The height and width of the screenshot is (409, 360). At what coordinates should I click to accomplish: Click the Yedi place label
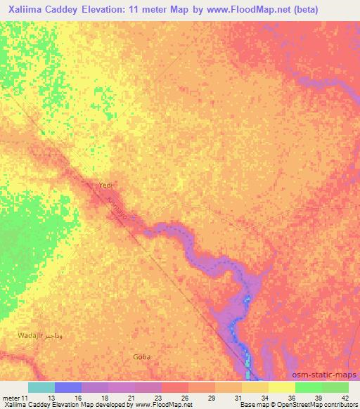pos(105,185)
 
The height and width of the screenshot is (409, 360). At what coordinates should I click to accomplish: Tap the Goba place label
pos(141,357)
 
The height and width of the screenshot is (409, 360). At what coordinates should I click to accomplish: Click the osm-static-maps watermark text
pos(325,375)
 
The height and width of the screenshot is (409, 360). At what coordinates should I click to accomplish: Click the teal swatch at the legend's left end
pos(41,387)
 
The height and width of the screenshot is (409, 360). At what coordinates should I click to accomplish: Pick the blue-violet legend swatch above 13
pos(68,387)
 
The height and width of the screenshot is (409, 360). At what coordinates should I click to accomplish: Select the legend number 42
pos(344,397)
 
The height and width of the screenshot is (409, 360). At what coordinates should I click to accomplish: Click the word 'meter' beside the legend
pos(12,397)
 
